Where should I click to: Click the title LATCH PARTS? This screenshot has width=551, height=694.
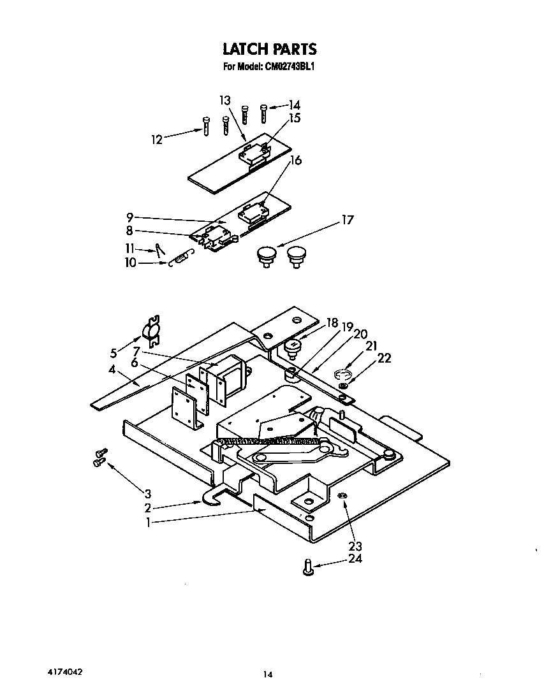(269, 49)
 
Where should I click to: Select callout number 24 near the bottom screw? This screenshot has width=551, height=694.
(355, 560)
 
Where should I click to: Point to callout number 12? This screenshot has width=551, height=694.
(157, 140)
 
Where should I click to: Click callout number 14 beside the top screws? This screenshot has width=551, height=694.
(294, 105)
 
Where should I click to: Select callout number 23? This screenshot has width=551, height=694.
(355, 547)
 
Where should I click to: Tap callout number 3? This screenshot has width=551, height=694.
(147, 493)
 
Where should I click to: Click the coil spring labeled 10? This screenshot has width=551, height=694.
(180, 258)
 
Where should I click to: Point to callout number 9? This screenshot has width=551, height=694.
(129, 217)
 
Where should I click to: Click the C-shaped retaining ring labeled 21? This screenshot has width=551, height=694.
(342, 375)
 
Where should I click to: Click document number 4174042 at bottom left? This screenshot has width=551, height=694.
(64, 672)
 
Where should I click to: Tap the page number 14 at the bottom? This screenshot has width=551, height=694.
(269, 675)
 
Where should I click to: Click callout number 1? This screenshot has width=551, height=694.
(148, 523)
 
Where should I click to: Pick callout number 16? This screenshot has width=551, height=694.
(295, 161)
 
